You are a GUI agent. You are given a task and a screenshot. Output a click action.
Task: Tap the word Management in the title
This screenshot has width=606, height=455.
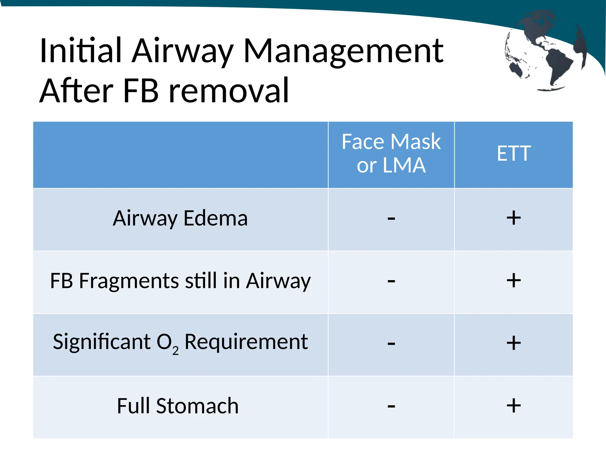[343, 52]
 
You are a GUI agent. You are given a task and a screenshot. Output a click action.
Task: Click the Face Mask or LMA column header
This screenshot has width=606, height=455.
[391, 153]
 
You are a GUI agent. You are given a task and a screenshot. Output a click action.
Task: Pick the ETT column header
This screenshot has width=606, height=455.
[514, 153]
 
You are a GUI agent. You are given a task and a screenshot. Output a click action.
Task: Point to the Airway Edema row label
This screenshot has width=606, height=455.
[180, 218]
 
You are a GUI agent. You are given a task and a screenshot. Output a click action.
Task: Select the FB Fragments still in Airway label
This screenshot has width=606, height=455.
[180, 281]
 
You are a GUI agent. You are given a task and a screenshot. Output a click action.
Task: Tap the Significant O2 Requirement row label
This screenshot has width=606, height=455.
[180, 342]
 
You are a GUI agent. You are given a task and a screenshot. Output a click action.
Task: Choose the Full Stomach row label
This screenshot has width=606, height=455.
[178, 406]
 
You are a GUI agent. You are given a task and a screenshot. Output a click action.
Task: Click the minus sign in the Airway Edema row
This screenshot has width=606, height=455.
[391, 219]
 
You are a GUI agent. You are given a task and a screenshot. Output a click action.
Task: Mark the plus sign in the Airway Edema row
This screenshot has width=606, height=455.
[514, 218]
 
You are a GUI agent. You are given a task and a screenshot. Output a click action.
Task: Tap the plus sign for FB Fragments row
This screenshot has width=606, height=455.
[514, 280]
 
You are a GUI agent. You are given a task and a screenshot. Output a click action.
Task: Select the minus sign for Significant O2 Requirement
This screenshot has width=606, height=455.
[391, 344]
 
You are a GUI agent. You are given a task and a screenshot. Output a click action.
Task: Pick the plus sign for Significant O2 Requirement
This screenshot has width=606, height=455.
[514, 343]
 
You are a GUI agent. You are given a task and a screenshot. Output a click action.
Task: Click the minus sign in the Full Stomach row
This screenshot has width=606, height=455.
[391, 406]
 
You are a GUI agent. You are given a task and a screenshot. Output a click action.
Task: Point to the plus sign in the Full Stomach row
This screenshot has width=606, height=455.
[514, 406]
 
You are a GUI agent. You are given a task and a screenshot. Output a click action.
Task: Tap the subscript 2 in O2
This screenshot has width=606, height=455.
[175, 351]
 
